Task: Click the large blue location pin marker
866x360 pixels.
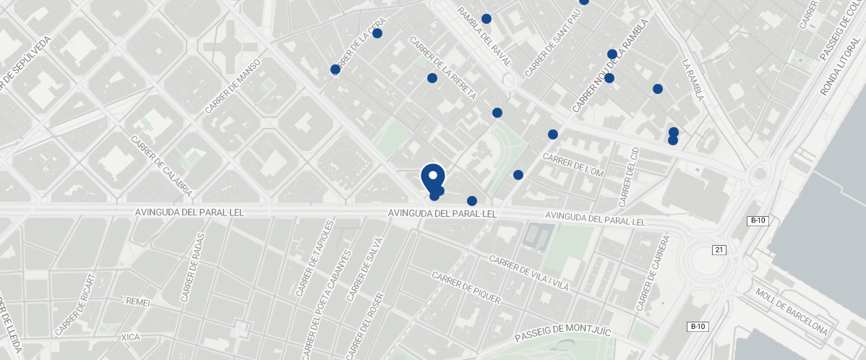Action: click(432, 178)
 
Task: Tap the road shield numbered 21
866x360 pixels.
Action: click(719, 250)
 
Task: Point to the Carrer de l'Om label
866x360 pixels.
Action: click(573, 164)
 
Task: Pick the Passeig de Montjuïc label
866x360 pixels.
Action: click(563, 334)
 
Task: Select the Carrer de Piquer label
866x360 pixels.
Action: click(466, 288)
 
